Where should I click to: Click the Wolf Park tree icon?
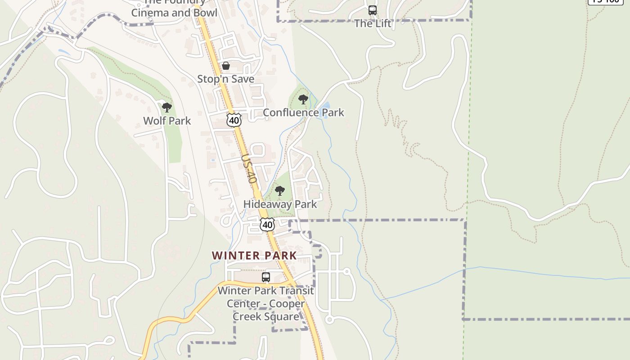167,107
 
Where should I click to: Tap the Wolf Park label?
167,121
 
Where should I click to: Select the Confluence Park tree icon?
303,99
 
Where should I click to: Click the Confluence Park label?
303,112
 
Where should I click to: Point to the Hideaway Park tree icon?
280,191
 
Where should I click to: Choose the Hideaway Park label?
280,204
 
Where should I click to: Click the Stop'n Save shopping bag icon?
226,66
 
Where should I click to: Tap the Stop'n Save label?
226,79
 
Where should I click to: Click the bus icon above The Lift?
373,10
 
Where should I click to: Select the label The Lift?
373,23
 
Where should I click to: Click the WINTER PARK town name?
254,256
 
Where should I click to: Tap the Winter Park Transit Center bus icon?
266,277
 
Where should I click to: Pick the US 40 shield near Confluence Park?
234,120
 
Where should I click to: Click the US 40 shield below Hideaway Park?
267,224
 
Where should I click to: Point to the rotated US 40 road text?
249,169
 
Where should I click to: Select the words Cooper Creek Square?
265,310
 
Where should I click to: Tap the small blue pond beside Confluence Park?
325,107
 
